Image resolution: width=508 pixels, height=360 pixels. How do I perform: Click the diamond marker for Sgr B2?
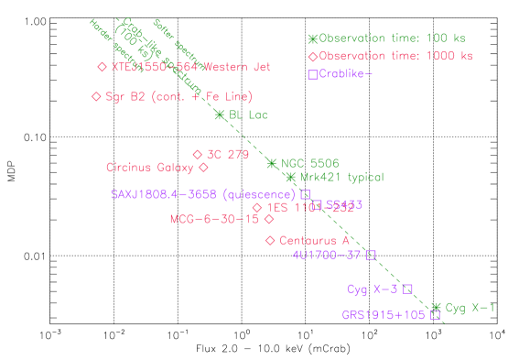click(96, 96)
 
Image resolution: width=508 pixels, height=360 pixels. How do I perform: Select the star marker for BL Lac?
click(220, 115)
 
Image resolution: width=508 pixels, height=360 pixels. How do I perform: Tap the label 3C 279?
click(228, 155)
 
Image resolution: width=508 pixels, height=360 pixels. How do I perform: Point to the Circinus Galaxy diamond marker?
click(204, 168)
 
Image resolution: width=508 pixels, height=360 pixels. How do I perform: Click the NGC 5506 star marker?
click(271, 163)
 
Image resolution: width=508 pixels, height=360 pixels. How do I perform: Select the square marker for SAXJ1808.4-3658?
click(306, 194)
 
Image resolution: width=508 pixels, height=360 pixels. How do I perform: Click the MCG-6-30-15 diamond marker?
click(269, 219)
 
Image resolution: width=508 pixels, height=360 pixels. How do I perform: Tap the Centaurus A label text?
click(314, 241)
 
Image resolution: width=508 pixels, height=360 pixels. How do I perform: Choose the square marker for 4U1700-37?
click(371, 255)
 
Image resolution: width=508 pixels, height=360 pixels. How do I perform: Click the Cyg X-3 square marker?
click(407, 289)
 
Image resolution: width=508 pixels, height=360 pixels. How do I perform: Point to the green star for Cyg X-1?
click(437, 308)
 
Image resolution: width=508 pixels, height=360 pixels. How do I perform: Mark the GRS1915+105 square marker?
click(436, 315)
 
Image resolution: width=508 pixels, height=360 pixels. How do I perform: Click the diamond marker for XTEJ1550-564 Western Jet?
click(102, 67)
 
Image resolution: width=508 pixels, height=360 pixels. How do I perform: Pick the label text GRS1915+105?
click(384, 315)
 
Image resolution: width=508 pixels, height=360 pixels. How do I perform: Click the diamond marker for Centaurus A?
click(270, 240)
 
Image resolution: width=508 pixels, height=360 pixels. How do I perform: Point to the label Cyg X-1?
click(470, 308)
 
